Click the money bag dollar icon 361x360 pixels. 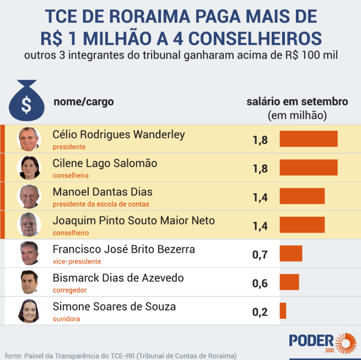point(26,99)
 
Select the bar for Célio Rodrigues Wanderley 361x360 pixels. point(308,139)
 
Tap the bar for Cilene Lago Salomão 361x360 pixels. point(308,168)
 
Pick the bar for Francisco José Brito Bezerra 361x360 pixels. point(291,254)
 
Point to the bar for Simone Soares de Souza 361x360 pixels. point(283,311)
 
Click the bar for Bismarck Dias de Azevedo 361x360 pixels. point(289,282)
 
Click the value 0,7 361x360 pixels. point(260,255)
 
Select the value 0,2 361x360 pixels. point(260,312)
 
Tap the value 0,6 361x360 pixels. point(260,283)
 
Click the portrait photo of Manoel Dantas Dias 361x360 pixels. point(29,196)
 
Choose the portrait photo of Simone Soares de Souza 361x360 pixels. point(29,311)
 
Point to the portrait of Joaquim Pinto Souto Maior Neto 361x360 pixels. point(29,225)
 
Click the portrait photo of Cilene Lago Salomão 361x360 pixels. point(29,168)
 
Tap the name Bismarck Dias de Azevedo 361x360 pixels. point(118,278)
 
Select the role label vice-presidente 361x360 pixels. point(77,261)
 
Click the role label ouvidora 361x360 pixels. point(66,319)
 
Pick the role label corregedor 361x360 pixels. point(69,290)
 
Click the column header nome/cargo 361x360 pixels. point(84,102)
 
